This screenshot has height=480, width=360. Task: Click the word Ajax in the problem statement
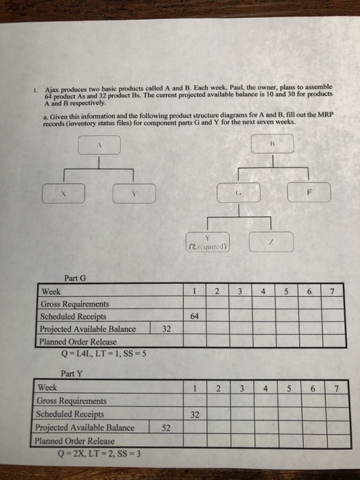(53, 88)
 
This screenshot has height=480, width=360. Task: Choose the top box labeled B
(272, 145)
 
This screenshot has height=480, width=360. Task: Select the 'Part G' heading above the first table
(75, 278)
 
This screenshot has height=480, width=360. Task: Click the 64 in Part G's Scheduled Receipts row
(194, 316)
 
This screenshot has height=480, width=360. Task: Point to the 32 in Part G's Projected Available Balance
(165, 328)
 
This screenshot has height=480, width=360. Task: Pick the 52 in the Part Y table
(165, 427)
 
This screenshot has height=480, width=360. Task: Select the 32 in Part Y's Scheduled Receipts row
(194, 415)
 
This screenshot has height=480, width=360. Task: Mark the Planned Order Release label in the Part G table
(77, 341)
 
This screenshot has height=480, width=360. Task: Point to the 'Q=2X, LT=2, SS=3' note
(93, 453)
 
